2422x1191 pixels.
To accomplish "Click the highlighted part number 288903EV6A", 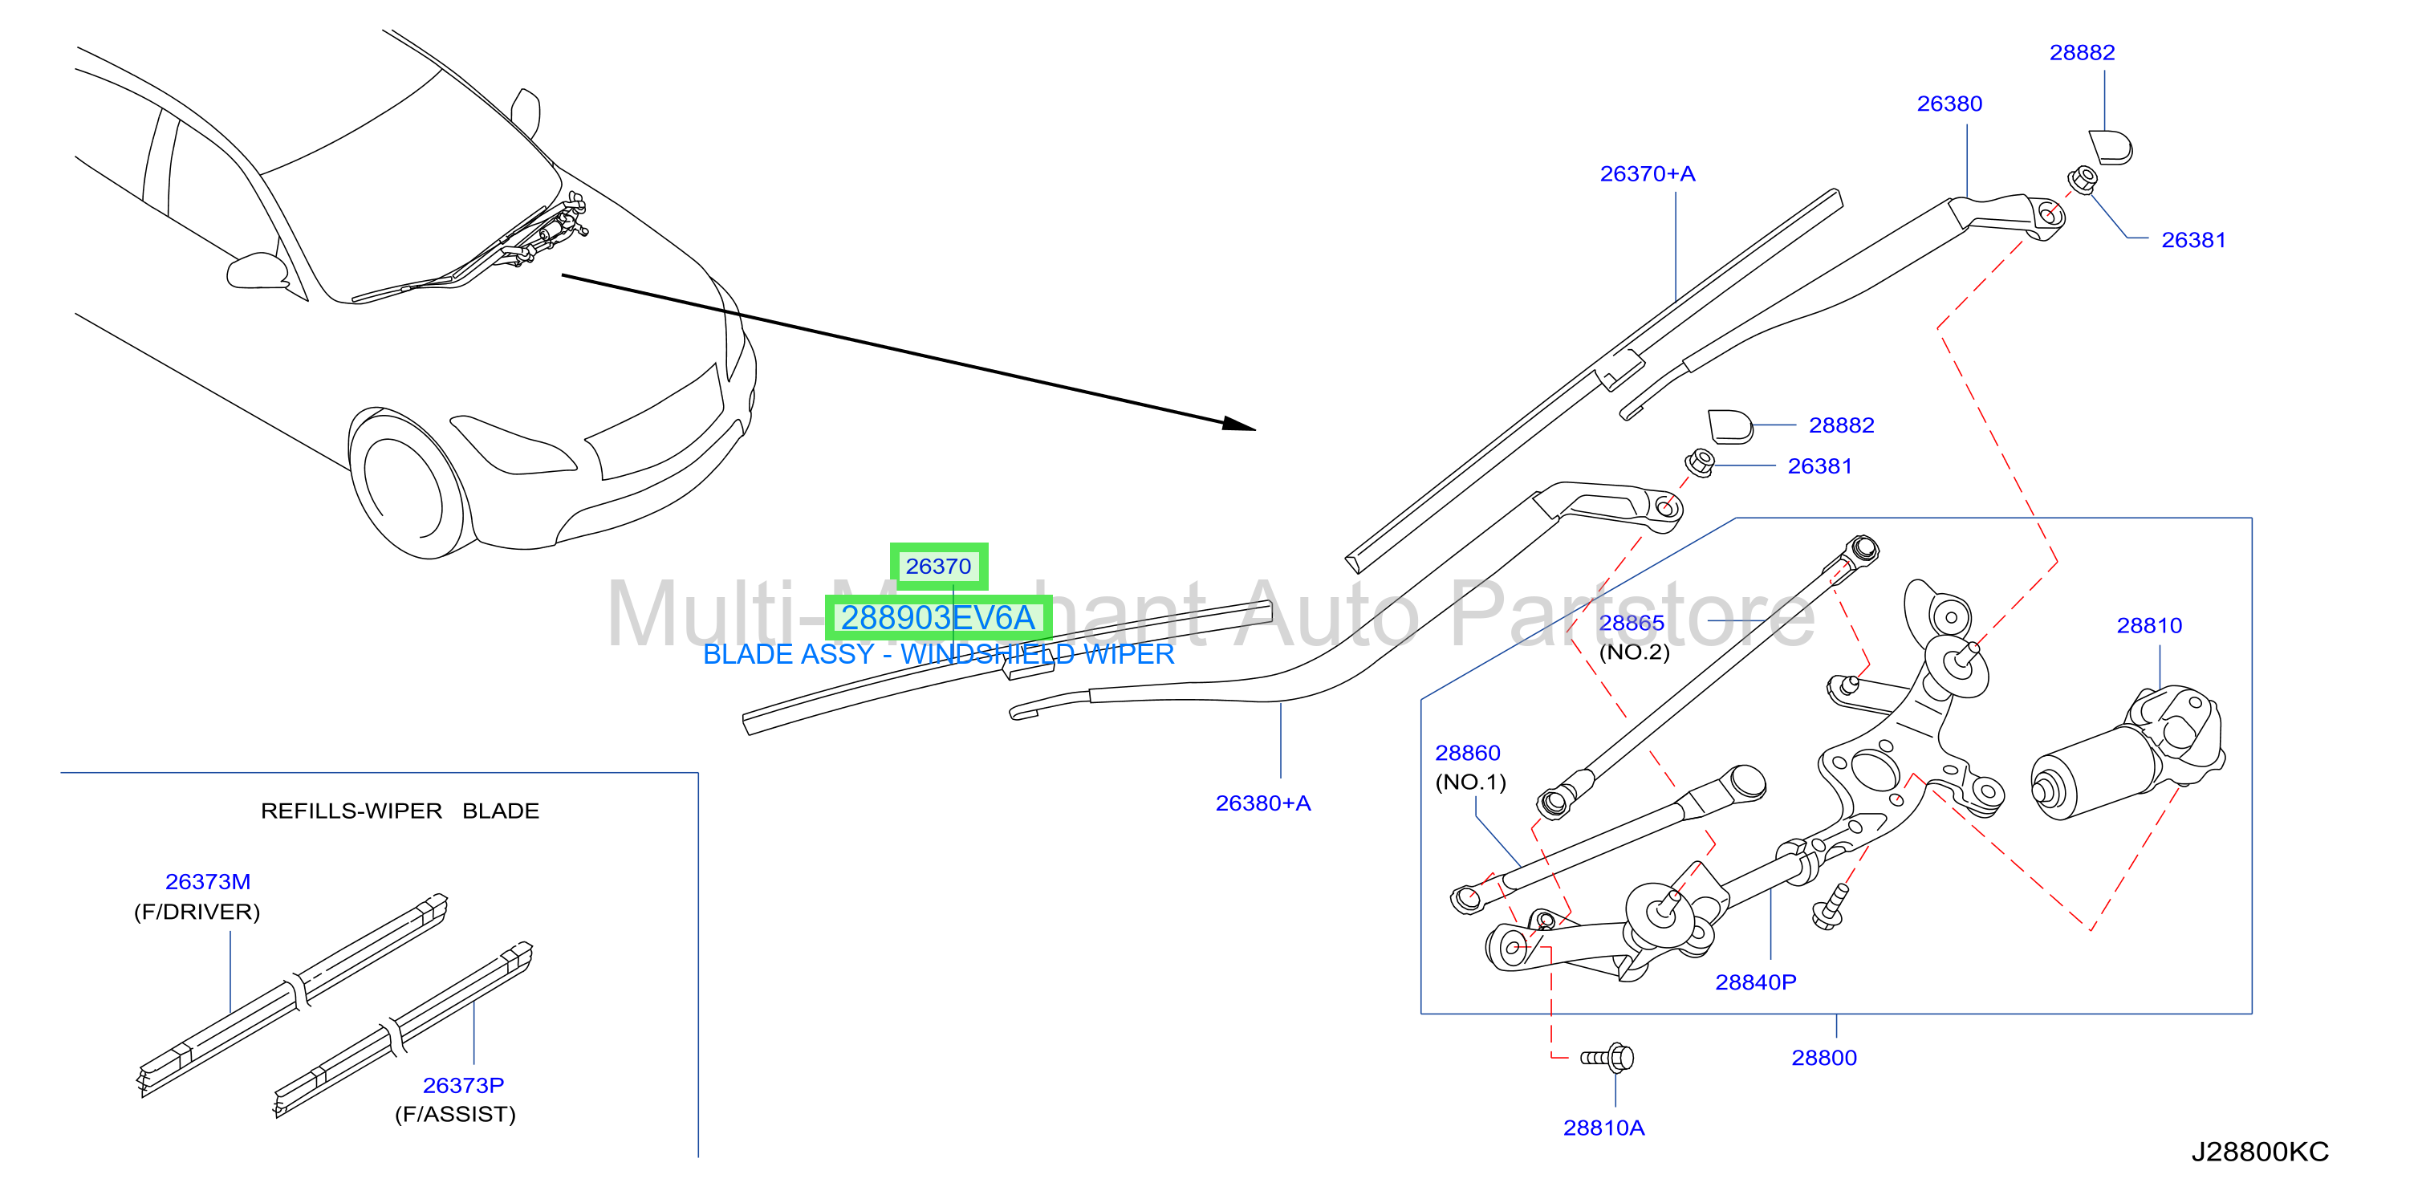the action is [937, 618].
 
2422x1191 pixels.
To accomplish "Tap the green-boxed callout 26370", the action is [938, 566].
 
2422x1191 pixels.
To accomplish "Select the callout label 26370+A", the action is [1648, 174].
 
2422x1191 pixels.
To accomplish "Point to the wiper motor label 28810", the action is [2148, 625].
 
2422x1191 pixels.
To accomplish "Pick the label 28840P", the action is [1755, 982].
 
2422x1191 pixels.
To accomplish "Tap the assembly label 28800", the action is [1823, 1058].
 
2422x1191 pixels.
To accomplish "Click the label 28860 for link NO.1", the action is [1467, 752].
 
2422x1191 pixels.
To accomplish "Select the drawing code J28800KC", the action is [2259, 1152].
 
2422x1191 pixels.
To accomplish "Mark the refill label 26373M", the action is [208, 882].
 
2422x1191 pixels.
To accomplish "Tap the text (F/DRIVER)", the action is [197, 912].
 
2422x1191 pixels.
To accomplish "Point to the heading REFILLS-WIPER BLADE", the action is [400, 811].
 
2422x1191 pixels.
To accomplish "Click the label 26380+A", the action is [1262, 803].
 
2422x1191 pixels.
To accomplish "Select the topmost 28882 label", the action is [2082, 53].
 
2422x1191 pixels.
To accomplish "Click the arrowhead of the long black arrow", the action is [1240, 424].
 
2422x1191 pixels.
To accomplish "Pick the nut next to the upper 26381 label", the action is [2083, 180].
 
